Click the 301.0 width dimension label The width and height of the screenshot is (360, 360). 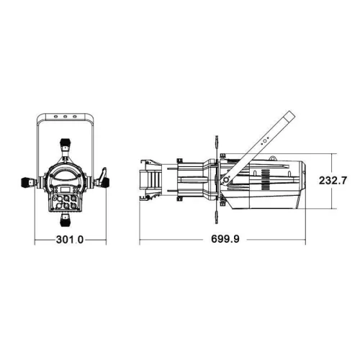pyautogui.click(x=70, y=239)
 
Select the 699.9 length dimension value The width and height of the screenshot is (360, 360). pyautogui.click(x=225, y=239)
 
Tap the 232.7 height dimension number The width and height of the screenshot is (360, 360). pyautogui.click(x=333, y=180)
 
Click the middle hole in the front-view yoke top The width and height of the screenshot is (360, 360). pyautogui.click(x=65, y=117)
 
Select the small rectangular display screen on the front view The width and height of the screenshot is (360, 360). pyautogui.click(x=65, y=189)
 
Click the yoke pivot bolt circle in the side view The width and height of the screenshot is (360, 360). pyautogui.click(x=225, y=180)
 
